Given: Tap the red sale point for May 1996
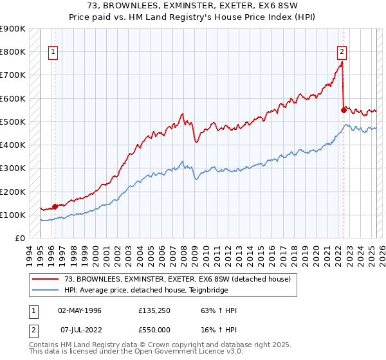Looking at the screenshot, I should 55,206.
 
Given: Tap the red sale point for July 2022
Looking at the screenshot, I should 344,110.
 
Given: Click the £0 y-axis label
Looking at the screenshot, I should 19,238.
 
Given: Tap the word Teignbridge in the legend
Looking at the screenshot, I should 207,290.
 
